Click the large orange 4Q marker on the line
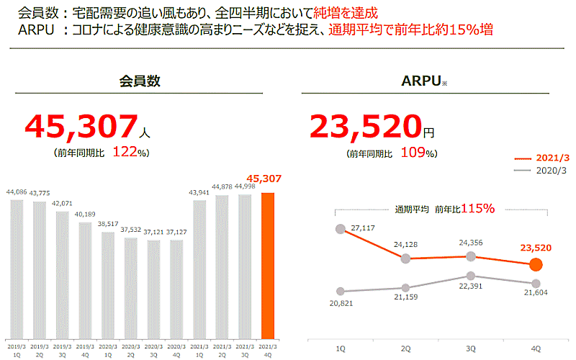click(535, 264)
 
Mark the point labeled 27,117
click(341, 229)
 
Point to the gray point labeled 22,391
click(471, 275)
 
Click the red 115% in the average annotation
click(478, 209)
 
